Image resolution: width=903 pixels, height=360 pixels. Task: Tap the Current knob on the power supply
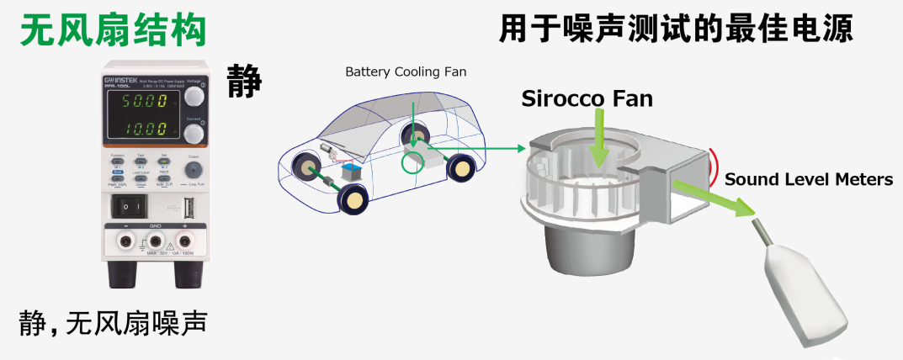(194, 133)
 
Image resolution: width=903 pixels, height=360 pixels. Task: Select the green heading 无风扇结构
(114, 31)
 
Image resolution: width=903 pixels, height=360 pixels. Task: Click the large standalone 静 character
(245, 82)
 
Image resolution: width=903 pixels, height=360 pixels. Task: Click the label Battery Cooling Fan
(406, 72)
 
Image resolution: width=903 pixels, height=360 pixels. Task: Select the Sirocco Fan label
(587, 98)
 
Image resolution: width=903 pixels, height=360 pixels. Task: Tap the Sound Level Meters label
(808, 179)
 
